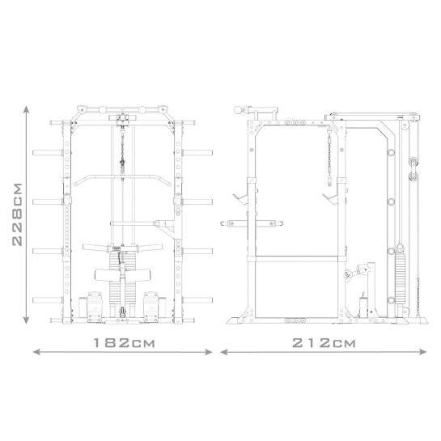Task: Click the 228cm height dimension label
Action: tap(17, 214)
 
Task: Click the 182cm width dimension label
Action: tap(124, 343)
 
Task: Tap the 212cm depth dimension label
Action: tap(324, 343)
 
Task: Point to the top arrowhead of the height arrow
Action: tap(26, 109)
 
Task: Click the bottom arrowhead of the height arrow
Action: tap(26, 320)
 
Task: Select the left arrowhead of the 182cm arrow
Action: tap(36, 352)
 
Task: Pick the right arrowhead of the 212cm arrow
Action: tap(423, 351)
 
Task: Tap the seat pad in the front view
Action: tap(123, 275)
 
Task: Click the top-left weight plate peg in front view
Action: tap(47, 153)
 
